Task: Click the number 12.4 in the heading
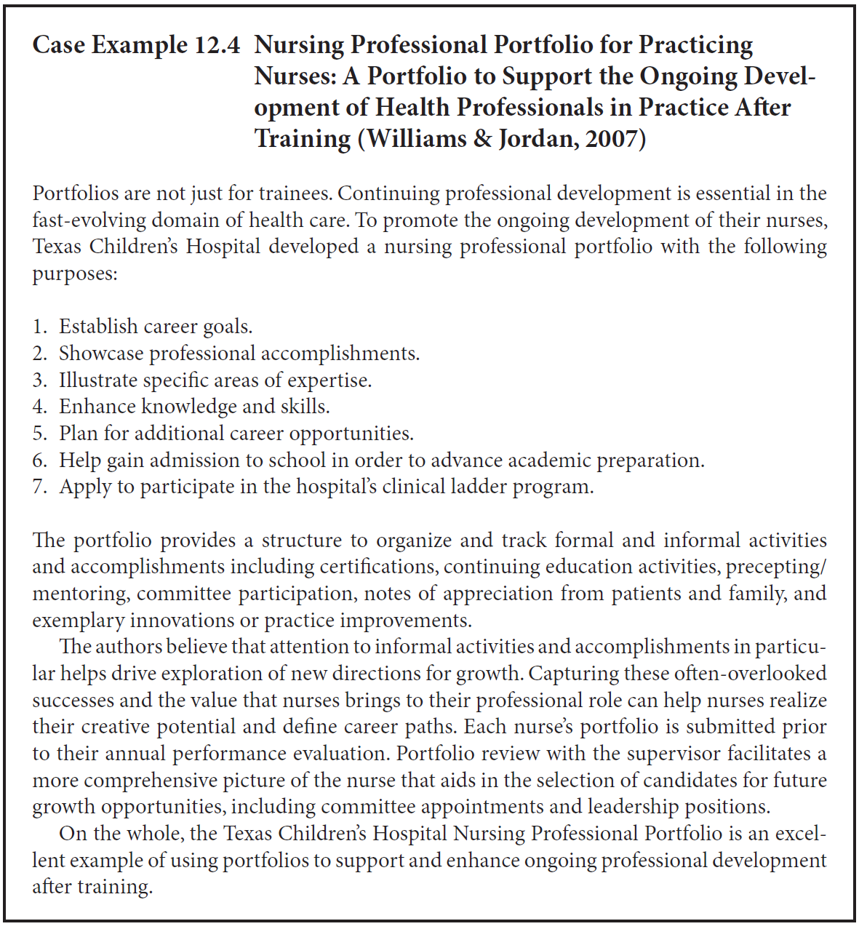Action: tap(217, 45)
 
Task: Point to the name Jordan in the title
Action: tap(535, 138)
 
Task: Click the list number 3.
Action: tap(39, 380)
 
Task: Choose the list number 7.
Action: tap(39, 487)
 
